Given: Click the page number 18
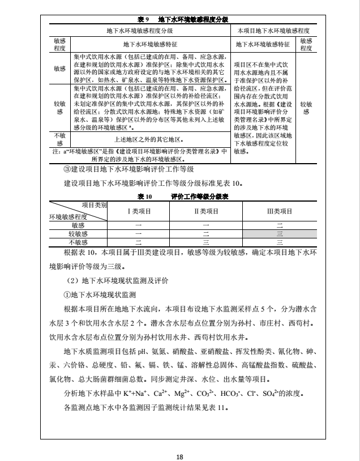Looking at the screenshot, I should tap(180, 442).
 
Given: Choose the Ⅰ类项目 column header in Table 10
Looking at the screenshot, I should tap(138, 211).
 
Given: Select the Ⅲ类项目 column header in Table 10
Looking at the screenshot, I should tap(279, 211).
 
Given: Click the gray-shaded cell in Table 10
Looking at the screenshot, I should tap(279, 233).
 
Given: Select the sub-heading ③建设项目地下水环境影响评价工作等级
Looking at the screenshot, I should tap(128, 169).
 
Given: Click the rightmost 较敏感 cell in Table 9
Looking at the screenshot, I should tap(306, 108).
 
